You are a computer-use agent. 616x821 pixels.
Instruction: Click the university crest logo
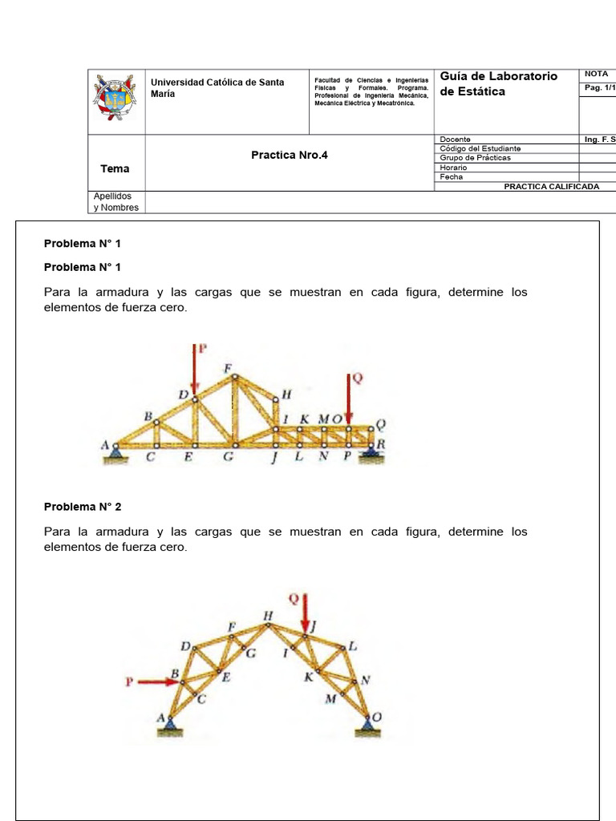(115, 100)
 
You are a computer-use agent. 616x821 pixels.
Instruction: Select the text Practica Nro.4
(290, 156)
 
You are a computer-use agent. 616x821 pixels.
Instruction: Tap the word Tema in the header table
(115, 168)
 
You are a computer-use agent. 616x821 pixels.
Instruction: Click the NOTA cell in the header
(596, 74)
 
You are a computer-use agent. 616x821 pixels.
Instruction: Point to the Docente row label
(456, 140)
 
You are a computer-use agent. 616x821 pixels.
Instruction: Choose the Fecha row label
(452, 177)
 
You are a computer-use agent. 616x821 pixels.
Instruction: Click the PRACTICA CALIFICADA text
(551, 186)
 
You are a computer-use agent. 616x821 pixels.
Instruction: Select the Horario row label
(454, 168)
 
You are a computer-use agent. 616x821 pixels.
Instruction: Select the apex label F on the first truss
(228, 368)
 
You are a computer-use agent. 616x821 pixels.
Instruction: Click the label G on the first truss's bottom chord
(229, 458)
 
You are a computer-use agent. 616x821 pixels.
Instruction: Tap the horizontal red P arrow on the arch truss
(157, 681)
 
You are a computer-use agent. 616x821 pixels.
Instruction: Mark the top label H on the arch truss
(268, 615)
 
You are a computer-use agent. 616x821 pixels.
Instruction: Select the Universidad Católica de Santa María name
(217, 88)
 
